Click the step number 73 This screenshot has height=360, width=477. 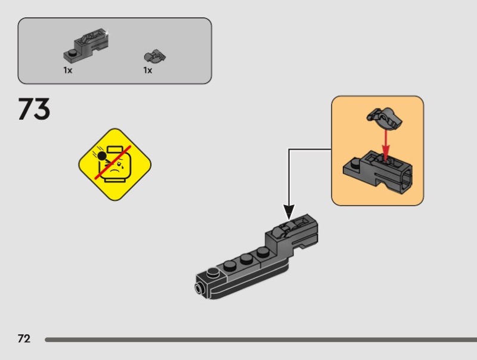[35, 110]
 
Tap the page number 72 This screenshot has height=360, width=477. [24, 339]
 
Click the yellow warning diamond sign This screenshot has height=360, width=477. [115, 164]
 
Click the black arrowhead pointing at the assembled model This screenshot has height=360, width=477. [289, 212]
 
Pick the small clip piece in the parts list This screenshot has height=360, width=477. [154, 57]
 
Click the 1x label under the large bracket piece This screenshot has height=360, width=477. [68, 70]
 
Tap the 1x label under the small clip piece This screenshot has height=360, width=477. [147, 70]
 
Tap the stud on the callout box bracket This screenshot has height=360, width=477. [353, 162]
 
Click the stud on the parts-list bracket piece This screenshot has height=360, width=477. [71, 53]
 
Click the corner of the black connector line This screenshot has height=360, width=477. [289, 149]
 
